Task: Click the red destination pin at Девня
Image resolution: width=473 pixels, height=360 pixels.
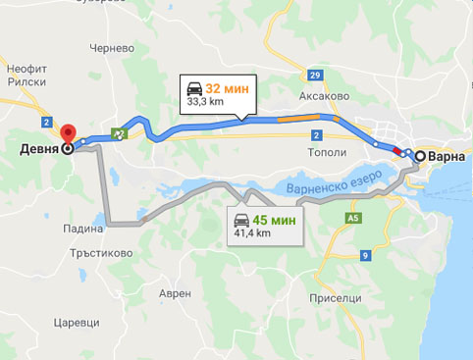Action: click(x=67, y=135)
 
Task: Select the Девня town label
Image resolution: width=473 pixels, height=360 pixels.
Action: click(x=37, y=150)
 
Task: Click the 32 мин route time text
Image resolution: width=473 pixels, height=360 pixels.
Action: click(x=227, y=88)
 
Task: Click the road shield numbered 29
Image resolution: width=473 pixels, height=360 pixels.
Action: click(x=314, y=76)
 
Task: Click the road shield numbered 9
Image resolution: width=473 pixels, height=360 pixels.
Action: click(x=365, y=256)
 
